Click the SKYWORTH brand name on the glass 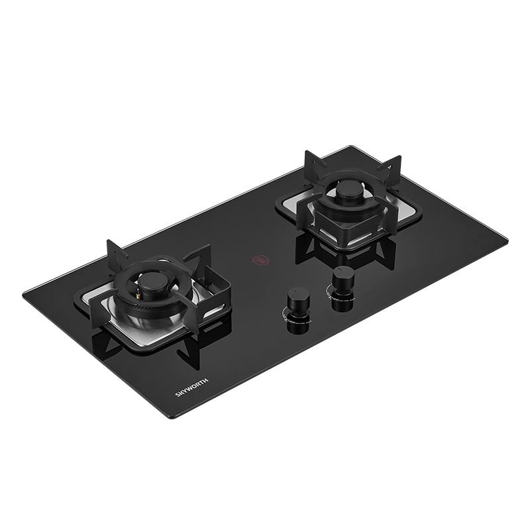pyautogui.click(x=191, y=388)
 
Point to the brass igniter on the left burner pyautogui.click(x=138, y=295)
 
